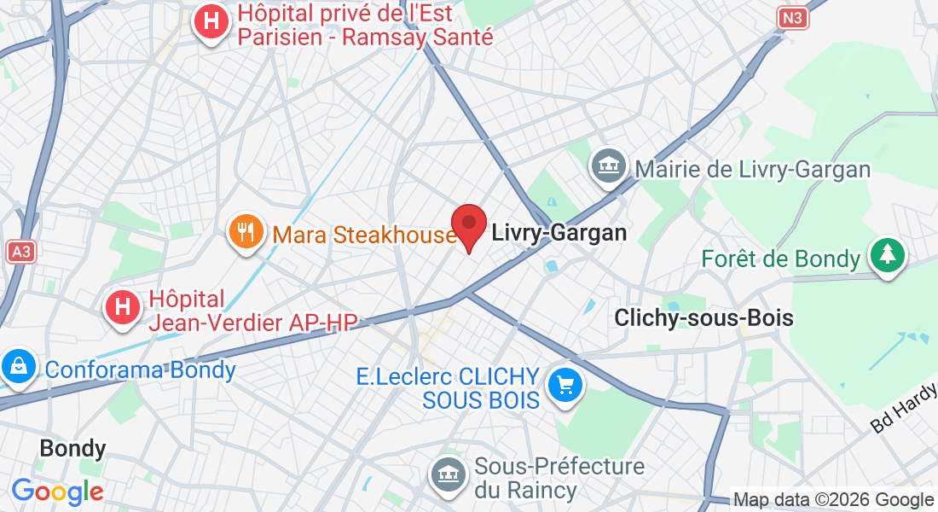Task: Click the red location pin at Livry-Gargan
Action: [x=468, y=224]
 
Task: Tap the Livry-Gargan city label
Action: [x=559, y=232]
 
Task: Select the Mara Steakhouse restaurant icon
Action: [x=246, y=232]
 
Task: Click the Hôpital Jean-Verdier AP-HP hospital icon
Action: [x=122, y=308]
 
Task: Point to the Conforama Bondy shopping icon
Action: [x=16, y=368]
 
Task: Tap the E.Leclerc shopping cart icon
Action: [x=565, y=386]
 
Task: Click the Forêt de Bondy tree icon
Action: [x=888, y=255]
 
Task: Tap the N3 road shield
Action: [x=793, y=17]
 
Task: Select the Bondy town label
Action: [x=73, y=448]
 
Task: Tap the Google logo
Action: [x=58, y=492]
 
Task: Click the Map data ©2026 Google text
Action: [x=834, y=500]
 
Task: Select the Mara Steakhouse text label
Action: [x=365, y=234]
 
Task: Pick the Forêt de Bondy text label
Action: [x=779, y=259]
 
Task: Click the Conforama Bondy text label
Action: [x=140, y=370]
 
